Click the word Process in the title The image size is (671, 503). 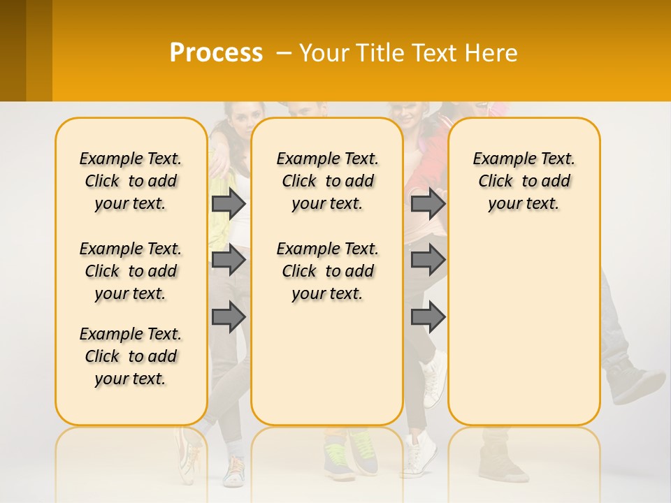tap(216, 53)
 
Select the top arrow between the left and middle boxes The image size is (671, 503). tap(229, 203)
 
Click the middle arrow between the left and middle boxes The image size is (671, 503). tap(229, 260)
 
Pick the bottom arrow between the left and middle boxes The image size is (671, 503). tap(229, 316)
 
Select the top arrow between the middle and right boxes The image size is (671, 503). tap(428, 203)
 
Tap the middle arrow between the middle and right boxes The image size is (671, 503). tap(428, 260)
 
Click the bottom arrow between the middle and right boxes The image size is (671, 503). tap(428, 316)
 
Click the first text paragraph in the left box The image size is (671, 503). tap(131, 181)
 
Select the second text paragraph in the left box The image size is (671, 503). tap(131, 271)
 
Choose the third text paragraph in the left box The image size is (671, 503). tap(131, 356)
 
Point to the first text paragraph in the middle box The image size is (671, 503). tap(327, 181)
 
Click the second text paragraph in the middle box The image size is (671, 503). tap(327, 271)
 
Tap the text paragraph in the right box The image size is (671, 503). tap(524, 181)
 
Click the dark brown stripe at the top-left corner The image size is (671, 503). tap(13, 50)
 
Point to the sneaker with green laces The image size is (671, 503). tap(362, 451)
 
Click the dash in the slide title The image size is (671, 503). tap(284, 53)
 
